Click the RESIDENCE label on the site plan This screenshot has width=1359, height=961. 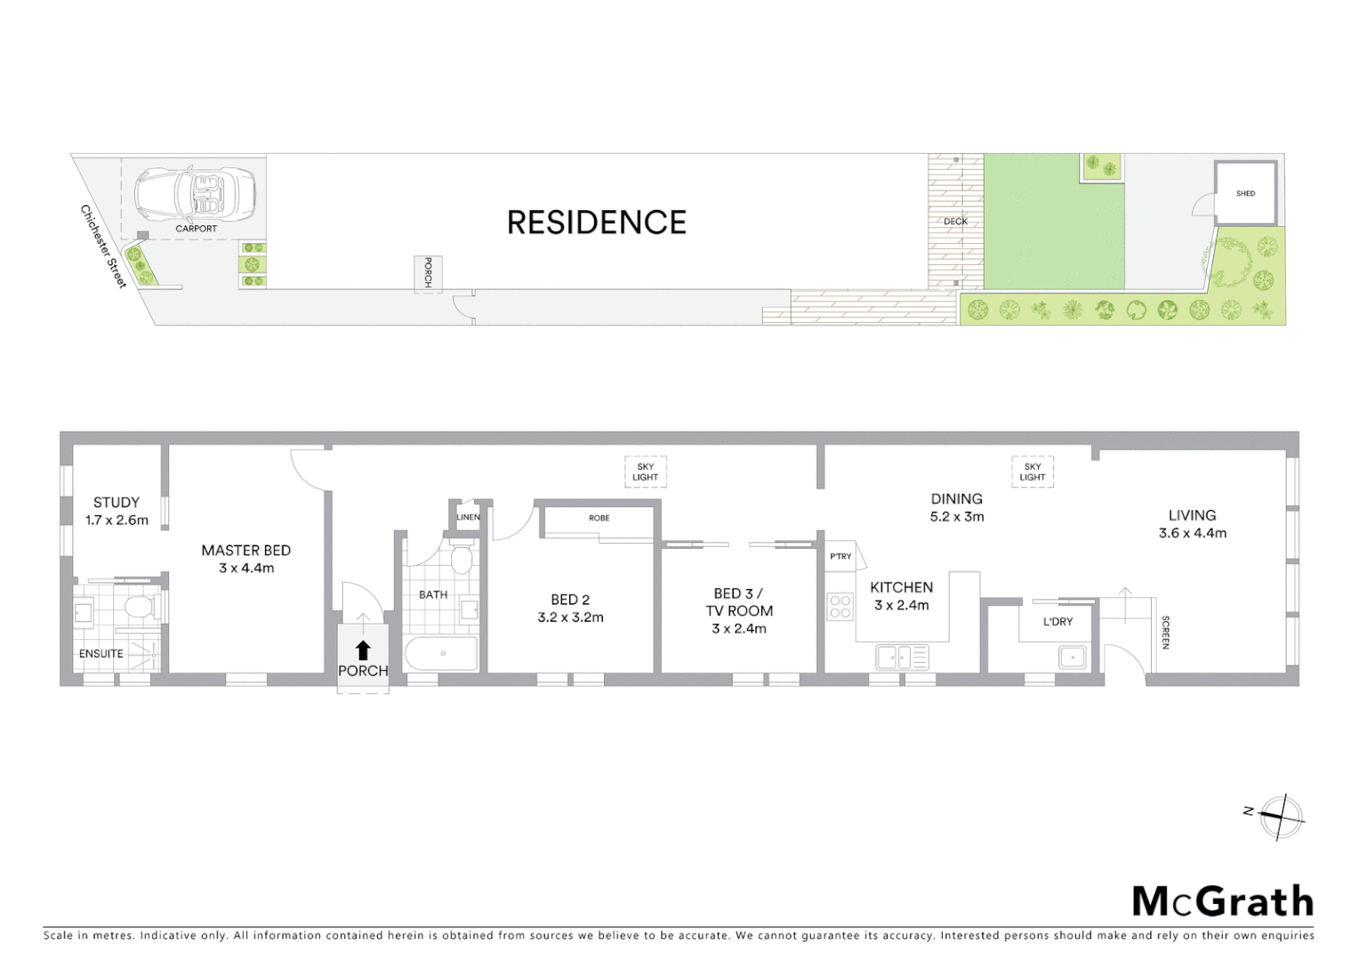coord(596,222)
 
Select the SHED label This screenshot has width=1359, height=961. coord(1245,193)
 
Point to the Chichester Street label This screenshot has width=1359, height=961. coord(104,246)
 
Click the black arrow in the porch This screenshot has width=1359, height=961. coord(363,650)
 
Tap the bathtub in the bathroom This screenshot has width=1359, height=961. coord(442,654)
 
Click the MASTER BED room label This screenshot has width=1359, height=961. coord(245,551)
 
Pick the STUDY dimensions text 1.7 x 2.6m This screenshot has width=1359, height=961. coord(117,521)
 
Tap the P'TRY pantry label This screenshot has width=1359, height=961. coord(840,556)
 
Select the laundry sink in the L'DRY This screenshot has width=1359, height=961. coord(1072,658)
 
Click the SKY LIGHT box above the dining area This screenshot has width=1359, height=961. coord(1032,472)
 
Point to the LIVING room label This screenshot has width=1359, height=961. coord(1192,515)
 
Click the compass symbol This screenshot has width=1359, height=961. coord(1280,816)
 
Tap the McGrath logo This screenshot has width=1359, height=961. coord(1222,900)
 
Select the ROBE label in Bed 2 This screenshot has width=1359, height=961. coord(599,518)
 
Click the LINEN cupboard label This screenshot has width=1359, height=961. coord(468,517)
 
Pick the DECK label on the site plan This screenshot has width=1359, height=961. coord(955,222)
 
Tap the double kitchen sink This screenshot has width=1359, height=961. coord(901,658)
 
